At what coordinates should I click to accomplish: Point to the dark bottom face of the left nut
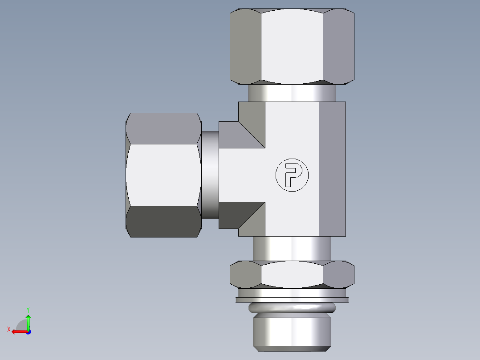coord(163,221)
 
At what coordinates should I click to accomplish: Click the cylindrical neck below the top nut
coord(292,93)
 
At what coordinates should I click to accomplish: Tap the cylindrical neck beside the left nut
coord(210,174)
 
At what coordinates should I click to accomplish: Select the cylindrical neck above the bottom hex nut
coord(292,249)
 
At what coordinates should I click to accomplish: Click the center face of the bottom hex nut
coord(292,274)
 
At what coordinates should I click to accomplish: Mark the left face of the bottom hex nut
coord(245,274)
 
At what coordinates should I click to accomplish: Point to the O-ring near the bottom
coord(292,308)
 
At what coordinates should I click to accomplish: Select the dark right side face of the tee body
coord(332,169)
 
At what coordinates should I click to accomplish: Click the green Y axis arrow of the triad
coord(28,320)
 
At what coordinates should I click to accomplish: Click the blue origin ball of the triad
coord(28,331)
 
